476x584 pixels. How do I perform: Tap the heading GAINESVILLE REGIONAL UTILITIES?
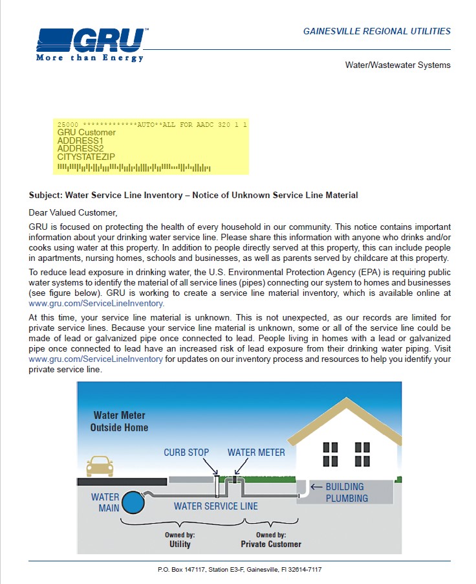pyautogui.click(x=376, y=31)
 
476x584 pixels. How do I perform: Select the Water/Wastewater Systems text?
pyautogui.click(x=398, y=65)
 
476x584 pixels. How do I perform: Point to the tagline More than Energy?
pyautogui.click(x=90, y=58)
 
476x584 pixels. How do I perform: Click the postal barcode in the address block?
pyautogui.click(x=134, y=168)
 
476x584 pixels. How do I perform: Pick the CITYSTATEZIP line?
pyautogui.click(x=87, y=157)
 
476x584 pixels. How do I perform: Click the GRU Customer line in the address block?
pyautogui.click(x=87, y=133)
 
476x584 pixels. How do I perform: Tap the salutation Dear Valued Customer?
pyautogui.click(x=73, y=212)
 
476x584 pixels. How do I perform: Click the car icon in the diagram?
pyautogui.click(x=99, y=466)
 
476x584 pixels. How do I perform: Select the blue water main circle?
pyautogui.click(x=134, y=502)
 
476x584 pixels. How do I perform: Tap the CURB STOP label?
pyautogui.click(x=186, y=453)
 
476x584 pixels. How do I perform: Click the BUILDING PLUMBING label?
pyautogui.click(x=347, y=493)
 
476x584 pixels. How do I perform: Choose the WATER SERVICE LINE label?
pyautogui.click(x=215, y=506)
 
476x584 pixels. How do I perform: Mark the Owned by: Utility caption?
pyautogui.click(x=180, y=540)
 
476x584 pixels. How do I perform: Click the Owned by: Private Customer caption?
pyautogui.click(x=271, y=540)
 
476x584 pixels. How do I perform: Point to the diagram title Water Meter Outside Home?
pyautogui.click(x=119, y=421)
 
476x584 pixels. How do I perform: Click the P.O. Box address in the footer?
pyautogui.click(x=239, y=569)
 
